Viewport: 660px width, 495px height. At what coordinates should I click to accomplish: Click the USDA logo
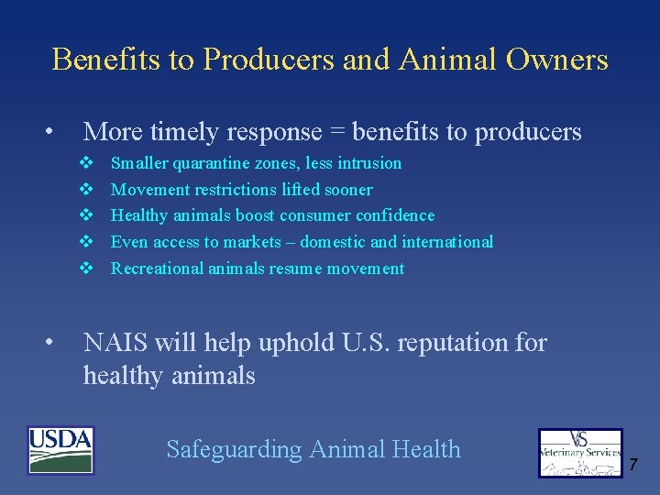click(60, 450)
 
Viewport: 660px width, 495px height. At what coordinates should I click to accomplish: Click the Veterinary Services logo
click(579, 453)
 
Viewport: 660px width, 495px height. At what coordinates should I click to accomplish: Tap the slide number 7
click(632, 465)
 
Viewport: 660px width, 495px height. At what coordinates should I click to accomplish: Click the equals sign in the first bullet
click(337, 133)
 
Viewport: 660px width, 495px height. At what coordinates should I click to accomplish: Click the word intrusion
click(369, 163)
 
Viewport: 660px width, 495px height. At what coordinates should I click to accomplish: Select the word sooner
click(346, 190)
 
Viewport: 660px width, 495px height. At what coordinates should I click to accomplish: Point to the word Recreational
click(155, 269)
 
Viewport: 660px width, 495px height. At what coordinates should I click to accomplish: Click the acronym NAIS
click(115, 343)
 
